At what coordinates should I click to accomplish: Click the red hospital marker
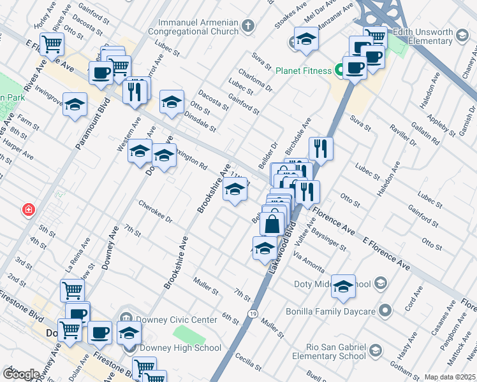(28, 209)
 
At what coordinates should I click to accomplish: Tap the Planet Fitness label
(302, 70)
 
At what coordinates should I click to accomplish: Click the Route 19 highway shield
(253, 314)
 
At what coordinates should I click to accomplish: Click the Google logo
(21, 374)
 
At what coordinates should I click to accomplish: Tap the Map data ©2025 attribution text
(450, 377)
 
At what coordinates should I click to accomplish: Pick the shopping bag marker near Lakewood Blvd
(272, 223)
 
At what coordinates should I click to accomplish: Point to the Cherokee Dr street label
(156, 211)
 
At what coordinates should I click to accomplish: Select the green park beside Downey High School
(186, 334)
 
